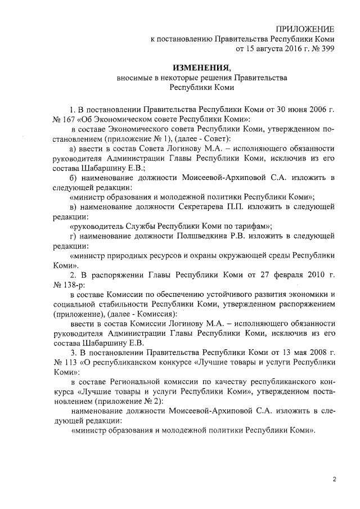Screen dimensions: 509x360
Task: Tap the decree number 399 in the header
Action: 327,49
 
